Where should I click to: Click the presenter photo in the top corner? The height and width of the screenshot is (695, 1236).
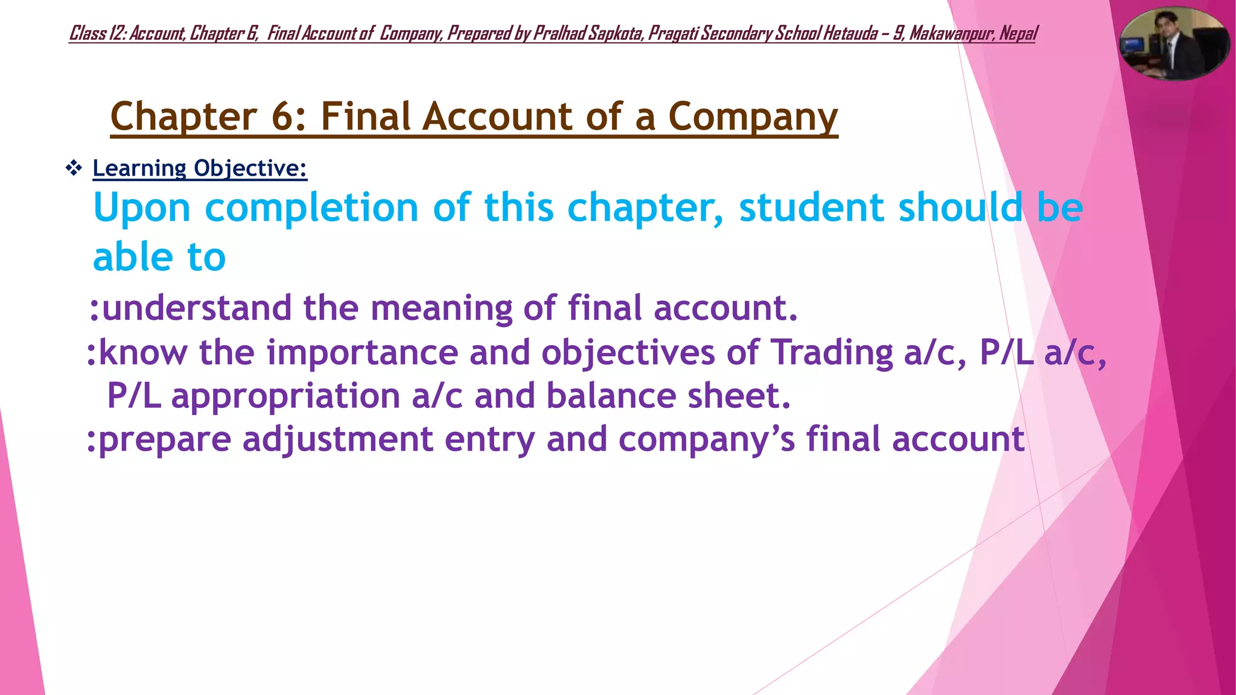pyautogui.click(x=1174, y=43)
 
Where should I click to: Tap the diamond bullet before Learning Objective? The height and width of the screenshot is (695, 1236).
pyautogui.click(x=74, y=168)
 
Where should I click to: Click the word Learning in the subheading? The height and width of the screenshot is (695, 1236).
pyautogui.click(x=139, y=168)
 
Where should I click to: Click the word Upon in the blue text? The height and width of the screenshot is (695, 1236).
pyautogui.click(x=142, y=208)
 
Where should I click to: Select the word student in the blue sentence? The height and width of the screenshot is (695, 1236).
pyautogui.click(x=811, y=208)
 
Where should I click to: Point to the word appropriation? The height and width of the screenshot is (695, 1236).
pyautogui.click(x=285, y=397)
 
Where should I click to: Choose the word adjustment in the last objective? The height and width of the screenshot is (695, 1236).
pyautogui.click(x=338, y=440)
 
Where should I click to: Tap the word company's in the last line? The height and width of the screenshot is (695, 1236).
pyautogui.click(x=707, y=440)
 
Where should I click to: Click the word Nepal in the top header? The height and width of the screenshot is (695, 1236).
pyautogui.click(x=1018, y=33)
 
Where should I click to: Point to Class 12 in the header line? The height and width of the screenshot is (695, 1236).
pyautogui.click(x=97, y=33)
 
